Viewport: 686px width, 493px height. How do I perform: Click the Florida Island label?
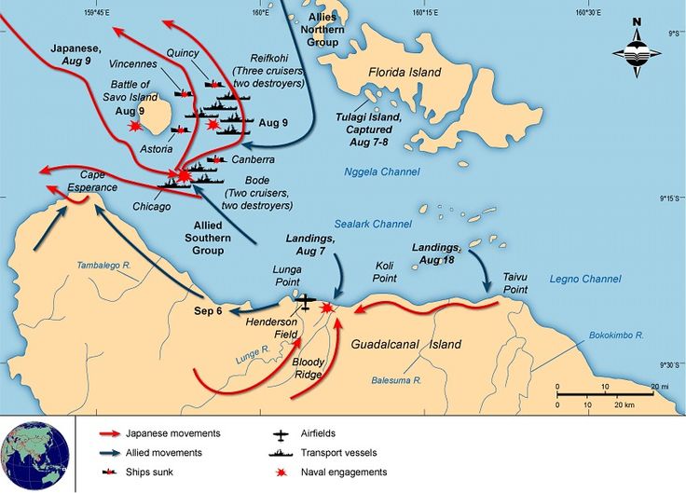tap(405, 72)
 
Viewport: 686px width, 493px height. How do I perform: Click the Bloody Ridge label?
tap(308, 366)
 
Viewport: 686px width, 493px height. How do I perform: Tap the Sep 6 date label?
tap(207, 310)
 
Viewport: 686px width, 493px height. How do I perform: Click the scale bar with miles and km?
tap(610, 395)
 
